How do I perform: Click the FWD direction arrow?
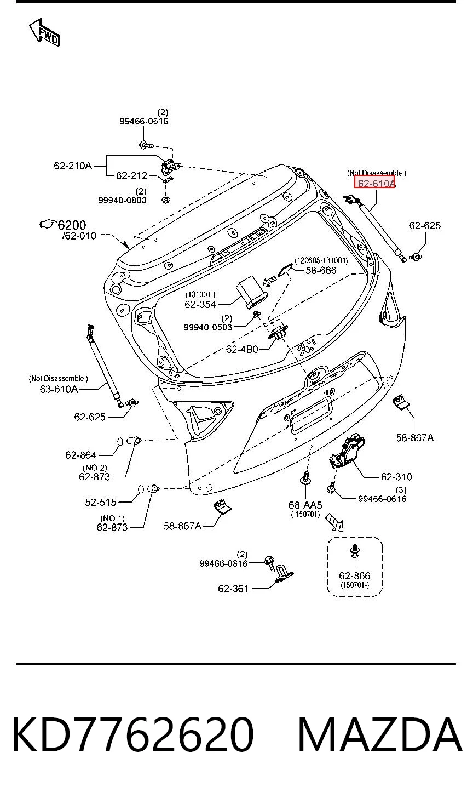[x=45, y=32]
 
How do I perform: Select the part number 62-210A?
[x=73, y=166]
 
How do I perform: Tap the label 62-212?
[x=132, y=175]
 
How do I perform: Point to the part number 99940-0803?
[x=123, y=200]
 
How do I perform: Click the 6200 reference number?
[x=72, y=225]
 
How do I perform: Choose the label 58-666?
[x=321, y=270]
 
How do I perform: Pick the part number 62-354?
[x=200, y=304]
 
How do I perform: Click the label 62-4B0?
[x=242, y=349]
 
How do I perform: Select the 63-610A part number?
[x=59, y=389]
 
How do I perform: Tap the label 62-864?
[x=81, y=455]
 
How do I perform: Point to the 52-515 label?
[x=101, y=502]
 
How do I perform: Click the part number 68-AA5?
[x=305, y=505]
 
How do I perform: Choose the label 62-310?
[x=396, y=477]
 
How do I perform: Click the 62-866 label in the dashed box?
[x=355, y=575]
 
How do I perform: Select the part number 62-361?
[x=233, y=589]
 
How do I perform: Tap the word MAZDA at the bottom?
[x=380, y=735]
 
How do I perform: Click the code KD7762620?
[x=133, y=735]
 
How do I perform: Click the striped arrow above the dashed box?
[x=335, y=522]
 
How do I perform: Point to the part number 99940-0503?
[x=208, y=327]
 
